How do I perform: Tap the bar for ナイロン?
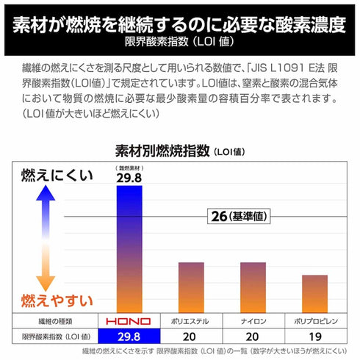253,287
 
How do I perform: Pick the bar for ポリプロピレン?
314,293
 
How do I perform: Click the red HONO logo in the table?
128,322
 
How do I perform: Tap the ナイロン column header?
253,322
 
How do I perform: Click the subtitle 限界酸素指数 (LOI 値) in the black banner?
180,40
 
